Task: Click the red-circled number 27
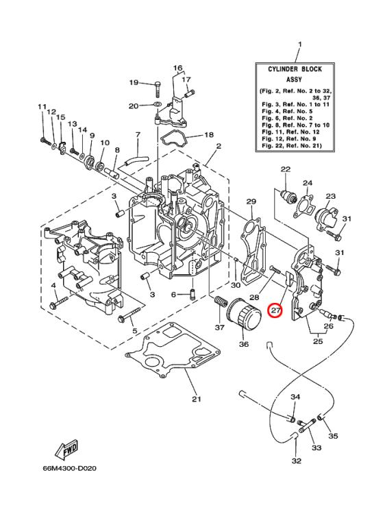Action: (x=275, y=310)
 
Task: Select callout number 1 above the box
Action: (x=299, y=46)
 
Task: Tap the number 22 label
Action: (x=286, y=169)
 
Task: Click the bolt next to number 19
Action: (x=157, y=83)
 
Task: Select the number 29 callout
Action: (x=251, y=201)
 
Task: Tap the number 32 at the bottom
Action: (x=296, y=461)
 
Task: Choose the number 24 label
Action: (x=308, y=183)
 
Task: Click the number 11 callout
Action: (x=42, y=107)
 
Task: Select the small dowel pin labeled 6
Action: (x=193, y=295)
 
